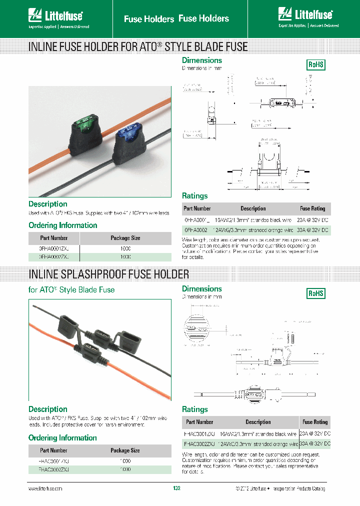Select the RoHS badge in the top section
coord(315,64)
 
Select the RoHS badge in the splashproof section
coord(315,293)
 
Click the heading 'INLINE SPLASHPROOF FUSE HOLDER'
coord(109,274)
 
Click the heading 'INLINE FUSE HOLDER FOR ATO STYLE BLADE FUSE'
coord(138,47)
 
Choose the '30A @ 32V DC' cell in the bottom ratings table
coord(314,443)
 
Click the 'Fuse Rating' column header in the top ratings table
coord(312,208)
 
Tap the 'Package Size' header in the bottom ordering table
coord(125,450)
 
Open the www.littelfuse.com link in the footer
coord(45,488)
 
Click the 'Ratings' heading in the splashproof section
coord(195,409)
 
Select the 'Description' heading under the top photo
coord(48,204)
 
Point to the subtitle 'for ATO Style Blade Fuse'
coord(71,289)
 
